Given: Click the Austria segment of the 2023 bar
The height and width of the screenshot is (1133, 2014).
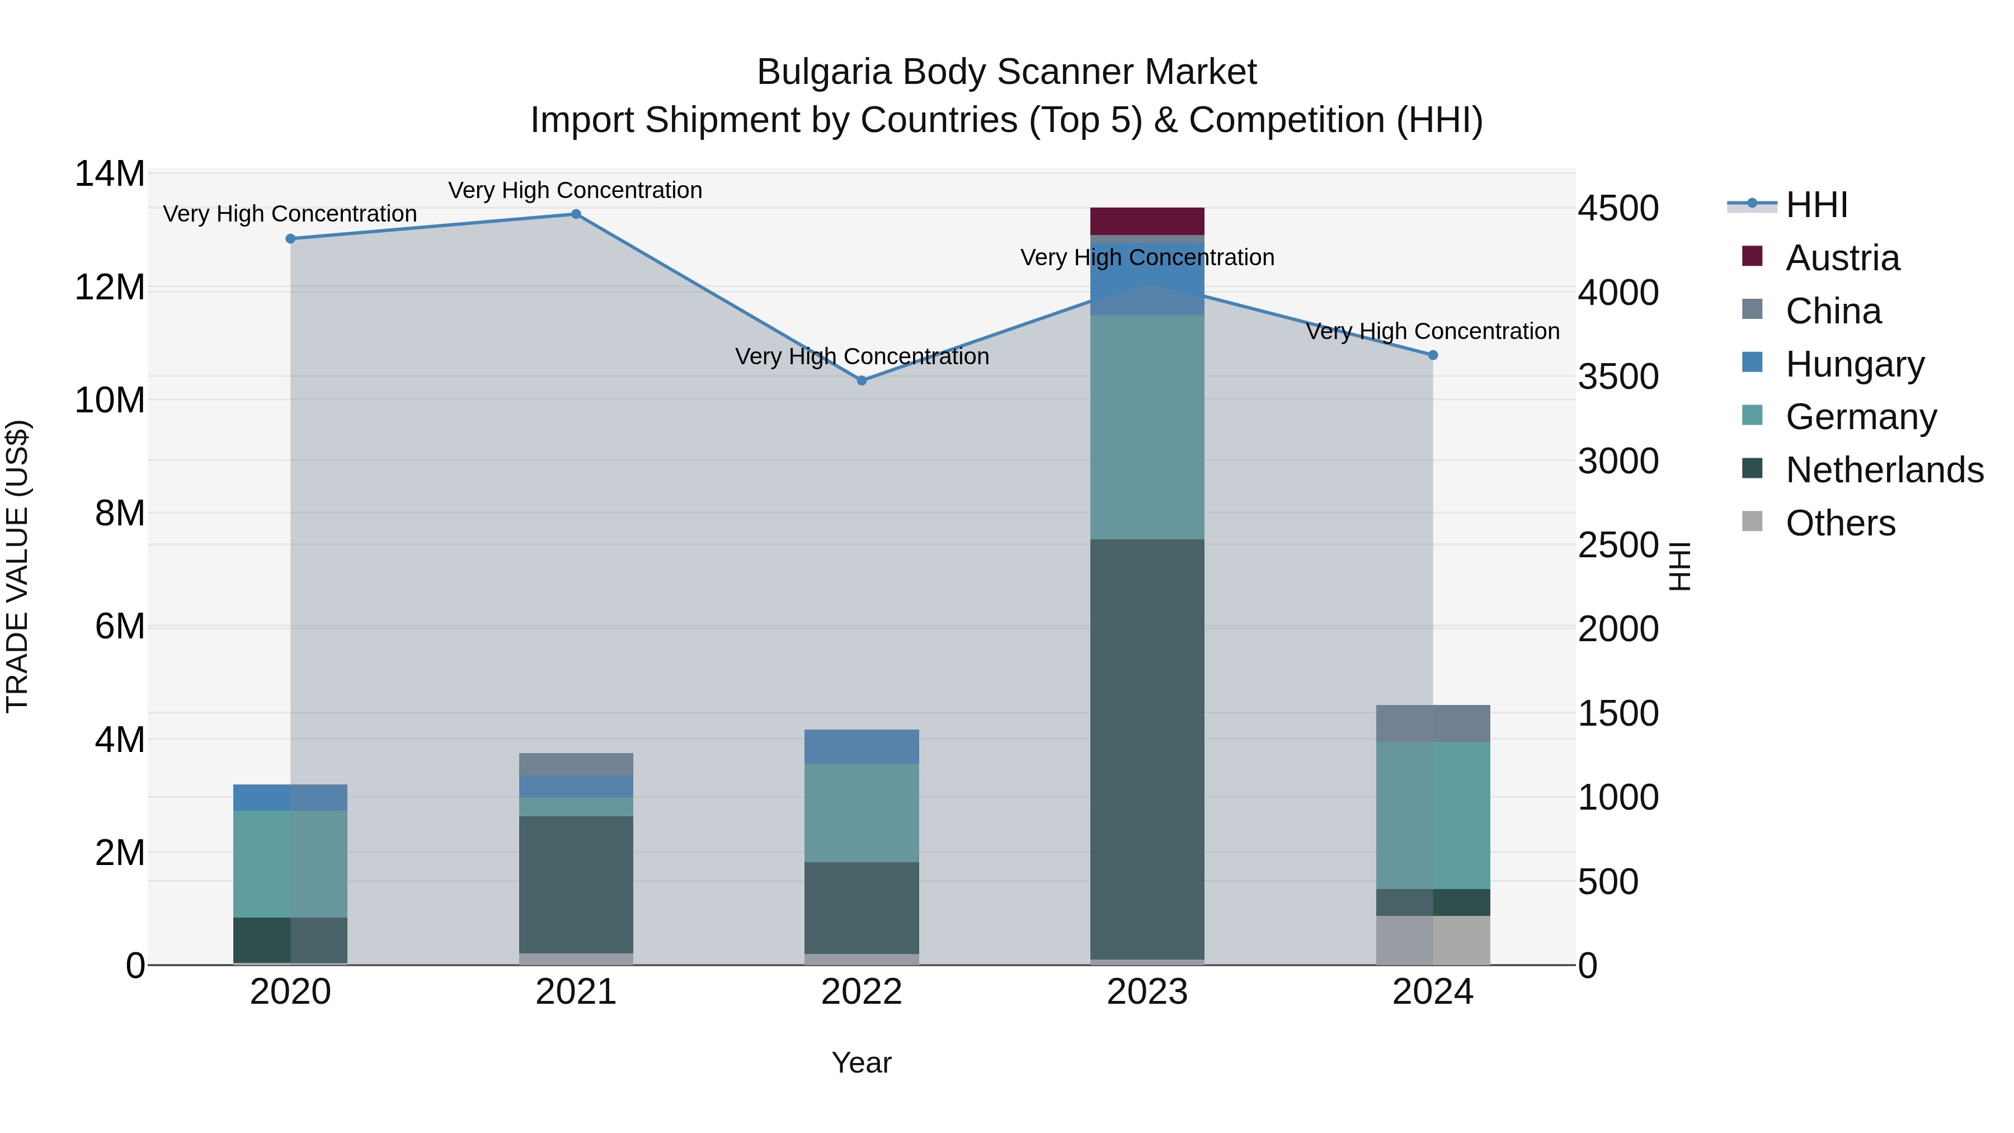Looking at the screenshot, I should tap(1147, 220).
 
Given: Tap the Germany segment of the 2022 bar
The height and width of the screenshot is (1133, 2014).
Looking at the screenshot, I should tap(862, 812).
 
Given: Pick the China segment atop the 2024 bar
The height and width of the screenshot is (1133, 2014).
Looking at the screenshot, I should tap(1432, 723).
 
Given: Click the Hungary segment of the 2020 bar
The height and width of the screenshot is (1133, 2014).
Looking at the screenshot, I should tap(290, 797).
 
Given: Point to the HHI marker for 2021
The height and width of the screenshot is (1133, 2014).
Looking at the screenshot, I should tap(576, 214).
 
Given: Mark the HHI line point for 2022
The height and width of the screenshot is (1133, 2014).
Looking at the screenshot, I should tap(862, 381).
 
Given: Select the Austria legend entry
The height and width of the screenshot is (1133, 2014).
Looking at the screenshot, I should tap(1842, 258).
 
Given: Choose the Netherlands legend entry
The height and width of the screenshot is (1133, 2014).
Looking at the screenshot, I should tap(1884, 470).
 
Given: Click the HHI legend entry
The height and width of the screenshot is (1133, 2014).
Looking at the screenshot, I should tap(1816, 205).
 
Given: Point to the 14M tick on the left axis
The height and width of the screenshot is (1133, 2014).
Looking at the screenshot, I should tap(110, 173).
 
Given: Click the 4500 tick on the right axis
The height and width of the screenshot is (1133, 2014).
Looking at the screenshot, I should tap(1617, 209).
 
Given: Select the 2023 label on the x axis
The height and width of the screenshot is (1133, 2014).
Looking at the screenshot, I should tap(1147, 992).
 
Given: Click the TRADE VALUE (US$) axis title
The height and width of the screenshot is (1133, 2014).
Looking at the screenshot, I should tap(18, 566).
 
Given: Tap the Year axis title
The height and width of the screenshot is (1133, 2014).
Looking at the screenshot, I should tap(862, 1063).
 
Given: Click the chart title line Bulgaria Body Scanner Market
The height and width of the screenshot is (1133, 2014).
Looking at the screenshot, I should tap(1006, 72).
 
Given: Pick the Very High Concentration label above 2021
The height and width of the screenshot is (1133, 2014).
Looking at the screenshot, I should tap(576, 190).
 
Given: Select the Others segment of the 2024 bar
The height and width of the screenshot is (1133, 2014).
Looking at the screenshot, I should tap(1432, 940).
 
